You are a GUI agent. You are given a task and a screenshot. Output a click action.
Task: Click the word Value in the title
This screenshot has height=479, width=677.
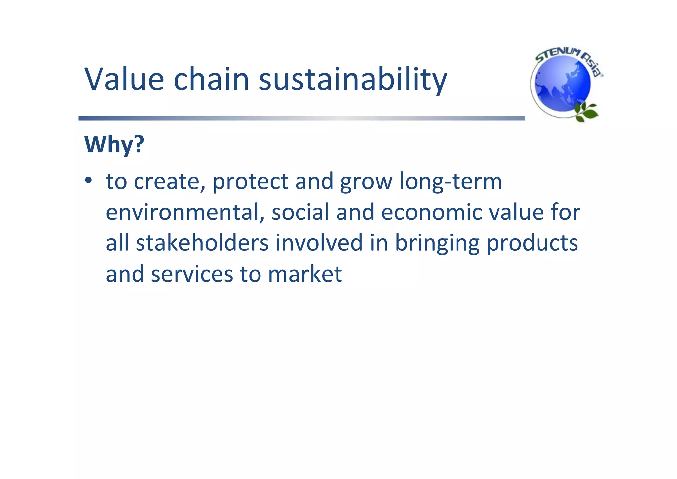point(124,79)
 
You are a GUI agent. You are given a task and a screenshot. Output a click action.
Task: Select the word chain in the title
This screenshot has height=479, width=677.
point(211,79)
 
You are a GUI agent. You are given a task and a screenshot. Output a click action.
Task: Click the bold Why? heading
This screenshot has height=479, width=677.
point(114,145)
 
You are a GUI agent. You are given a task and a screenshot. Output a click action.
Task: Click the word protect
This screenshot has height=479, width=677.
point(250,182)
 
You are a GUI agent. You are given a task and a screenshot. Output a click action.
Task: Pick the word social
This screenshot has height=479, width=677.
point(300,212)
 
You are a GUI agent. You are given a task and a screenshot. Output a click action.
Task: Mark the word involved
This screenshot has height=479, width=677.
point(319,243)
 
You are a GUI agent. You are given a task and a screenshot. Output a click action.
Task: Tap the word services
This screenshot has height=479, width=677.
point(192,274)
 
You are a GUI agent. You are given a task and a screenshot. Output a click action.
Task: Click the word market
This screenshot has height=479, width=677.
point(304,274)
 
